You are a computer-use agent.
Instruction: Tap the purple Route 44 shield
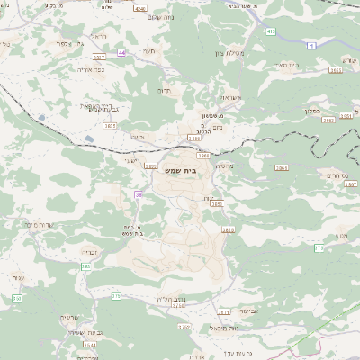[121, 53]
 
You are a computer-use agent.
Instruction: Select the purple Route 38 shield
[139, 193]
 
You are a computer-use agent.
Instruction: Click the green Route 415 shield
[270, 31]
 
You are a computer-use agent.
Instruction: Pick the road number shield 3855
[228, 229]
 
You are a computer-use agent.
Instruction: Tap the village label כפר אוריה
[88, 68]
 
